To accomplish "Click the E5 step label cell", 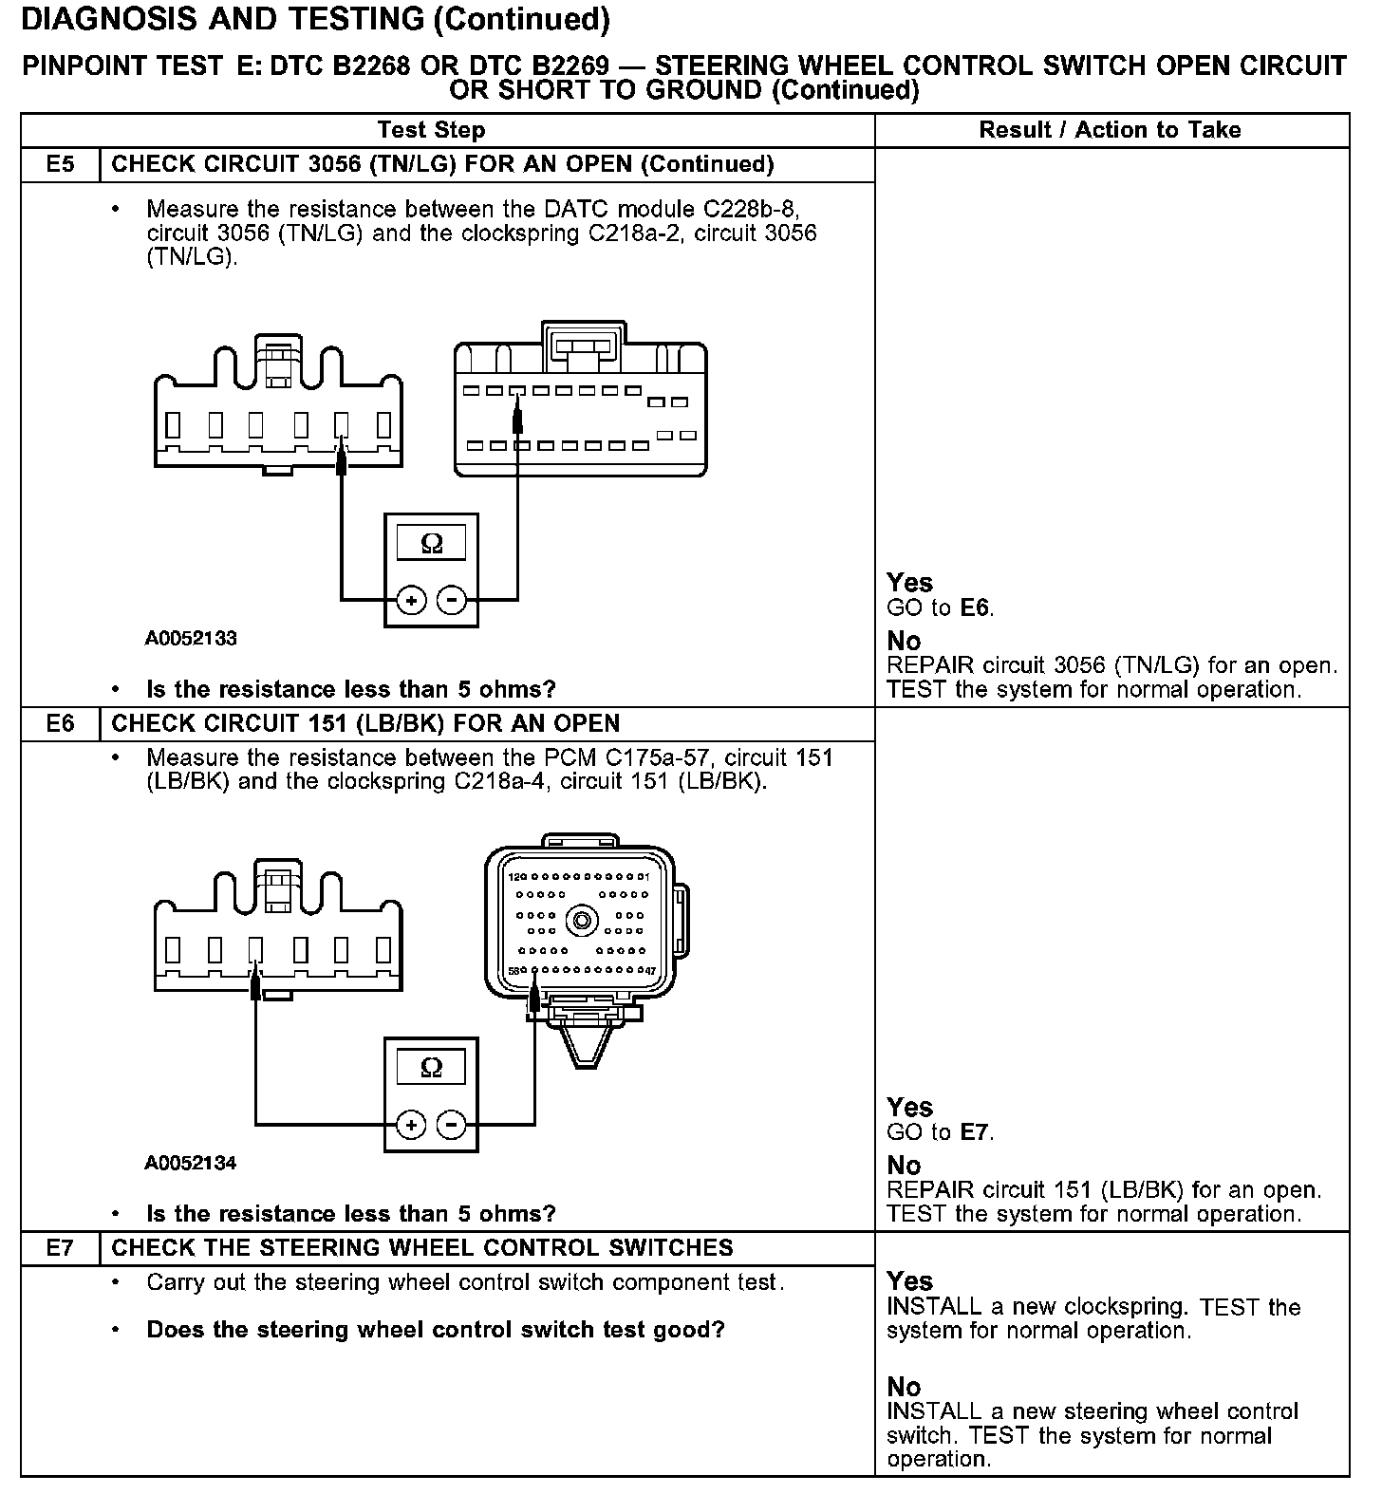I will click(x=60, y=164).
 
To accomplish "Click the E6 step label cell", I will click(x=60, y=723).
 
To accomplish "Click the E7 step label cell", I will click(x=60, y=1247).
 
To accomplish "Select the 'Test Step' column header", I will click(x=431, y=130).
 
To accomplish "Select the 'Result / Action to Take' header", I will click(x=1110, y=130).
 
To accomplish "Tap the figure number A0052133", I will click(x=191, y=638).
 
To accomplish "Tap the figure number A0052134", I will click(x=191, y=1163).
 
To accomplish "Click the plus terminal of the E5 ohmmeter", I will click(x=411, y=600).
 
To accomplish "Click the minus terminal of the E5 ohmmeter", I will click(x=452, y=600).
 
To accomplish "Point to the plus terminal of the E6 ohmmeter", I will click(x=411, y=1125).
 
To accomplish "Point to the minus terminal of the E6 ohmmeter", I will click(x=452, y=1125).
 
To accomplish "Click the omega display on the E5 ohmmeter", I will click(x=431, y=544).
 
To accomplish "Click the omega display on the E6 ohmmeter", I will click(x=431, y=1068).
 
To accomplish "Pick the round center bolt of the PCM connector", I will click(x=581, y=920).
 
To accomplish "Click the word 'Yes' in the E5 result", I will click(x=909, y=583).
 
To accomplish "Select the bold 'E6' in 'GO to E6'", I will click(x=976, y=607).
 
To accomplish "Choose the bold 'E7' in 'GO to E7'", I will click(x=976, y=1131).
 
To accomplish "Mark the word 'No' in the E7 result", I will click(x=904, y=1387).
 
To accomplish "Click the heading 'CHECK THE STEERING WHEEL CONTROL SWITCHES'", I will click(x=422, y=1247).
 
